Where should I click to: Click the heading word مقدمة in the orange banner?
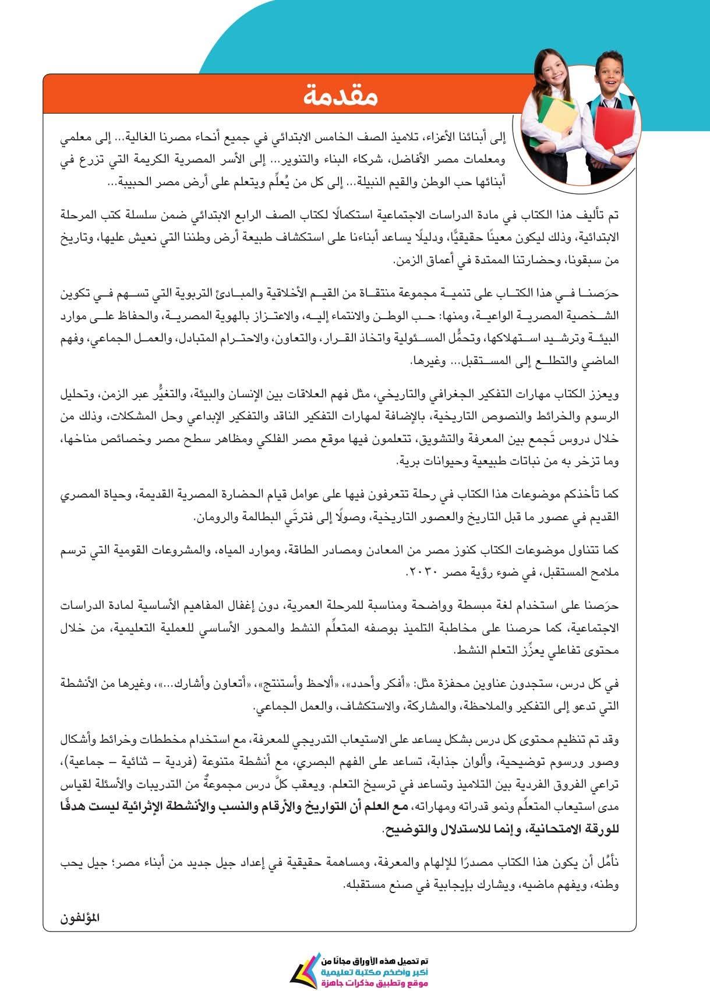[341, 97]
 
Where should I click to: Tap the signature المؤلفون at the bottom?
[80, 919]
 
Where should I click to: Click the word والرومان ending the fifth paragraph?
[213, 517]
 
